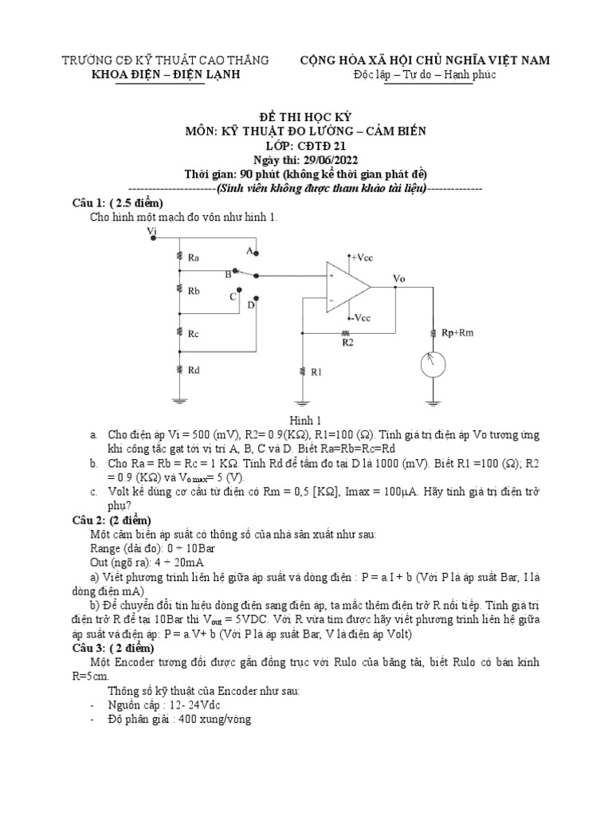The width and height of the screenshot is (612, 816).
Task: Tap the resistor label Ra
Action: pos(194,257)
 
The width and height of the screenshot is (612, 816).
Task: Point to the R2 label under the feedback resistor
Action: pos(347,342)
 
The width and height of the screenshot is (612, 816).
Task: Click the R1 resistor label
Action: pos(316,371)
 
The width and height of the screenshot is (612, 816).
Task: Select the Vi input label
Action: pos(152,231)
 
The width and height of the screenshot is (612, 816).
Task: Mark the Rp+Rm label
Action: pos(457,332)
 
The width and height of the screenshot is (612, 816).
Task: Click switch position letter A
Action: pos(249,251)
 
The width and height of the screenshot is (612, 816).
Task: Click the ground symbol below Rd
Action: pos(182,402)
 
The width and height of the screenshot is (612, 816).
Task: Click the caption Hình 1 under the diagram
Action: pos(305,419)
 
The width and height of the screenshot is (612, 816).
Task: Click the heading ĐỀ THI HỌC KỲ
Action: pos(306,116)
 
